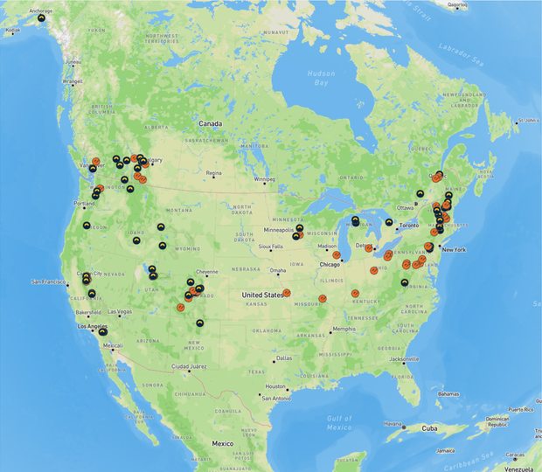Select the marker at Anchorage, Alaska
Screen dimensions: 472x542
tap(41, 17)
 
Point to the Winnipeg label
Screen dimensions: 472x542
tap(264, 179)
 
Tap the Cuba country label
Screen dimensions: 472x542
tap(428, 428)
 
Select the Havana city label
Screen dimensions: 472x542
tap(396, 425)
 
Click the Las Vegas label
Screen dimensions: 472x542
tap(131, 312)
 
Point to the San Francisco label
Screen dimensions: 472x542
tap(49, 281)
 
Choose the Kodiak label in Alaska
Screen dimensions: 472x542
tap(12, 31)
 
